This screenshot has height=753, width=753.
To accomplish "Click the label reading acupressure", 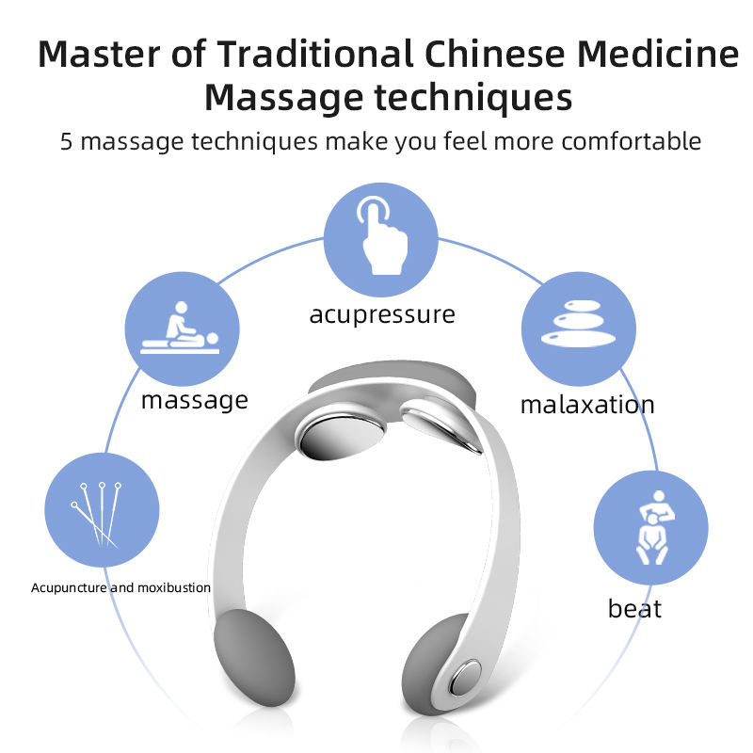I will coord(381,313).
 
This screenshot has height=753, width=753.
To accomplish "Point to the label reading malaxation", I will coord(587,406).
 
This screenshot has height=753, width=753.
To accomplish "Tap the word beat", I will coord(634,608).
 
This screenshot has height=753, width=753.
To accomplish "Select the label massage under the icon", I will coord(195,400).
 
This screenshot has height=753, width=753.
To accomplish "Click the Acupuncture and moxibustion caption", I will coord(120,587).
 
